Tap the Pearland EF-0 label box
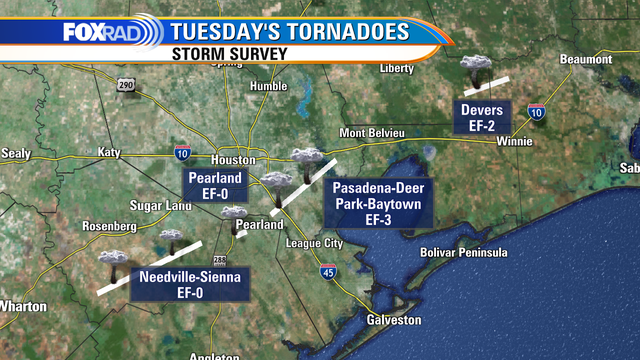coord(211,185)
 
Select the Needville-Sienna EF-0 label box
coord(190,285)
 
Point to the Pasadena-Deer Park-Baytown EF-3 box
coord(378,203)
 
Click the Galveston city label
coord(394,320)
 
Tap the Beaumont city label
coord(585,60)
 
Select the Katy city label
coord(108,153)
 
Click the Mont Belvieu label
coord(372,133)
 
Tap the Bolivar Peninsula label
coord(464,252)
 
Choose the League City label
coord(313,244)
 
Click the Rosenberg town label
coord(109,226)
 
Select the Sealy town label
coord(16,153)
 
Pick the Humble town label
coord(268,86)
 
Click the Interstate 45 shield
coord(328,271)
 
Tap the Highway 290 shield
coord(124,85)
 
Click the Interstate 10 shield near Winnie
coord(538,112)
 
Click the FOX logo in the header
coord(83,32)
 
